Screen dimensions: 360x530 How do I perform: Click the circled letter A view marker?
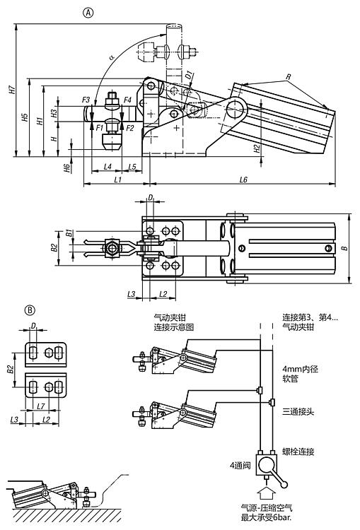click(x=88, y=13)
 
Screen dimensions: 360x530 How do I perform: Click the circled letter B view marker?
click(x=30, y=310)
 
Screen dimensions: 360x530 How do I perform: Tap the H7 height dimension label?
click(x=12, y=90)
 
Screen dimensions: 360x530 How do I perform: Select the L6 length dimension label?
click(x=243, y=179)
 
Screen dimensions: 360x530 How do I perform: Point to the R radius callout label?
click(x=289, y=77)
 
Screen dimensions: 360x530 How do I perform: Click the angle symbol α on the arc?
click(x=111, y=57)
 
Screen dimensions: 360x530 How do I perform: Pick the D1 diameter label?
click(x=189, y=75)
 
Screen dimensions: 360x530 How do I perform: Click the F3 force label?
click(x=86, y=100)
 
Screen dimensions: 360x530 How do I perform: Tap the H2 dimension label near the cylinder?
click(x=257, y=148)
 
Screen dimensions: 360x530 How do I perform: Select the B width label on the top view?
click(x=344, y=248)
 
